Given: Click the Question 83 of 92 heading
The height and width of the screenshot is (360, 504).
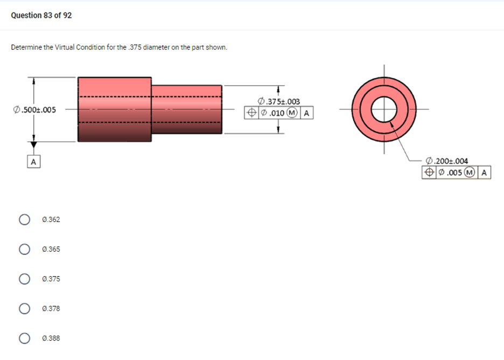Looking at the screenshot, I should click(x=41, y=15).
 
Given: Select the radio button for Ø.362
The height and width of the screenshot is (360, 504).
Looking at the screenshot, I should click(x=24, y=219).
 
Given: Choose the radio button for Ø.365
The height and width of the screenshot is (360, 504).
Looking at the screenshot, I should click(x=24, y=249).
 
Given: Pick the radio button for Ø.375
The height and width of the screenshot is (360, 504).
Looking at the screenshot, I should click(x=24, y=279).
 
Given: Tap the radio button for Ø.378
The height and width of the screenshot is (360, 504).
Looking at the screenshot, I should click(x=24, y=308).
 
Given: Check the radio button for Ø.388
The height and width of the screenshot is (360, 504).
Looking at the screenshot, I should click(x=24, y=338).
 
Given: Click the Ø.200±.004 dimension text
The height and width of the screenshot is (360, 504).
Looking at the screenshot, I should click(x=446, y=161).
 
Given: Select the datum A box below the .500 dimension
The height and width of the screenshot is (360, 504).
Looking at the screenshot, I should click(x=33, y=161).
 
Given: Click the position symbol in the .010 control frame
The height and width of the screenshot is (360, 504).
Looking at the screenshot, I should click(x=250, y=113).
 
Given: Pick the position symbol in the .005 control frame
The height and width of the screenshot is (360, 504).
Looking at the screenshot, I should click(x=429, y=173).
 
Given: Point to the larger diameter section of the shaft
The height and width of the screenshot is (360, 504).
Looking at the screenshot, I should click(x=114, y=109).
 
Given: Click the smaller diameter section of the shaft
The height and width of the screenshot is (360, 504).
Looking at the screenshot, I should click(x=186, y=109).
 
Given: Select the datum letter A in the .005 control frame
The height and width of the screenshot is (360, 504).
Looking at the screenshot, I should click(x=484, y=173).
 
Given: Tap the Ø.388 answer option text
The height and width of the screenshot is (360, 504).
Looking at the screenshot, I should click(x=52, y=338).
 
